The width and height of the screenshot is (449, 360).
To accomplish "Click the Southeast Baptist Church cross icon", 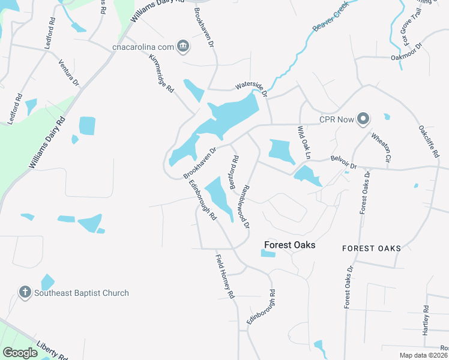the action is [25, 293].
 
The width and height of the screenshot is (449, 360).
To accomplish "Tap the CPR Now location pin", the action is [363, 119].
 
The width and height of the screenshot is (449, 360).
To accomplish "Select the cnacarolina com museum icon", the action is [184, 46].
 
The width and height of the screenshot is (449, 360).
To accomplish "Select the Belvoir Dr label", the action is [343, 163].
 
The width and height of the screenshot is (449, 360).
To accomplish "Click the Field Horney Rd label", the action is [224, 277].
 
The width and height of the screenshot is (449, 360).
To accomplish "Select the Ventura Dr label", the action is [68, 72].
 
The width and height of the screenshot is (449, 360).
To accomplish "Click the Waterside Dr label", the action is [250, 86].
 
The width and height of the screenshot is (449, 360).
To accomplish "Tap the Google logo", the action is [20, 353].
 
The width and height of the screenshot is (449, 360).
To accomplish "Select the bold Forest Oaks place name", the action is [290, 245].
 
